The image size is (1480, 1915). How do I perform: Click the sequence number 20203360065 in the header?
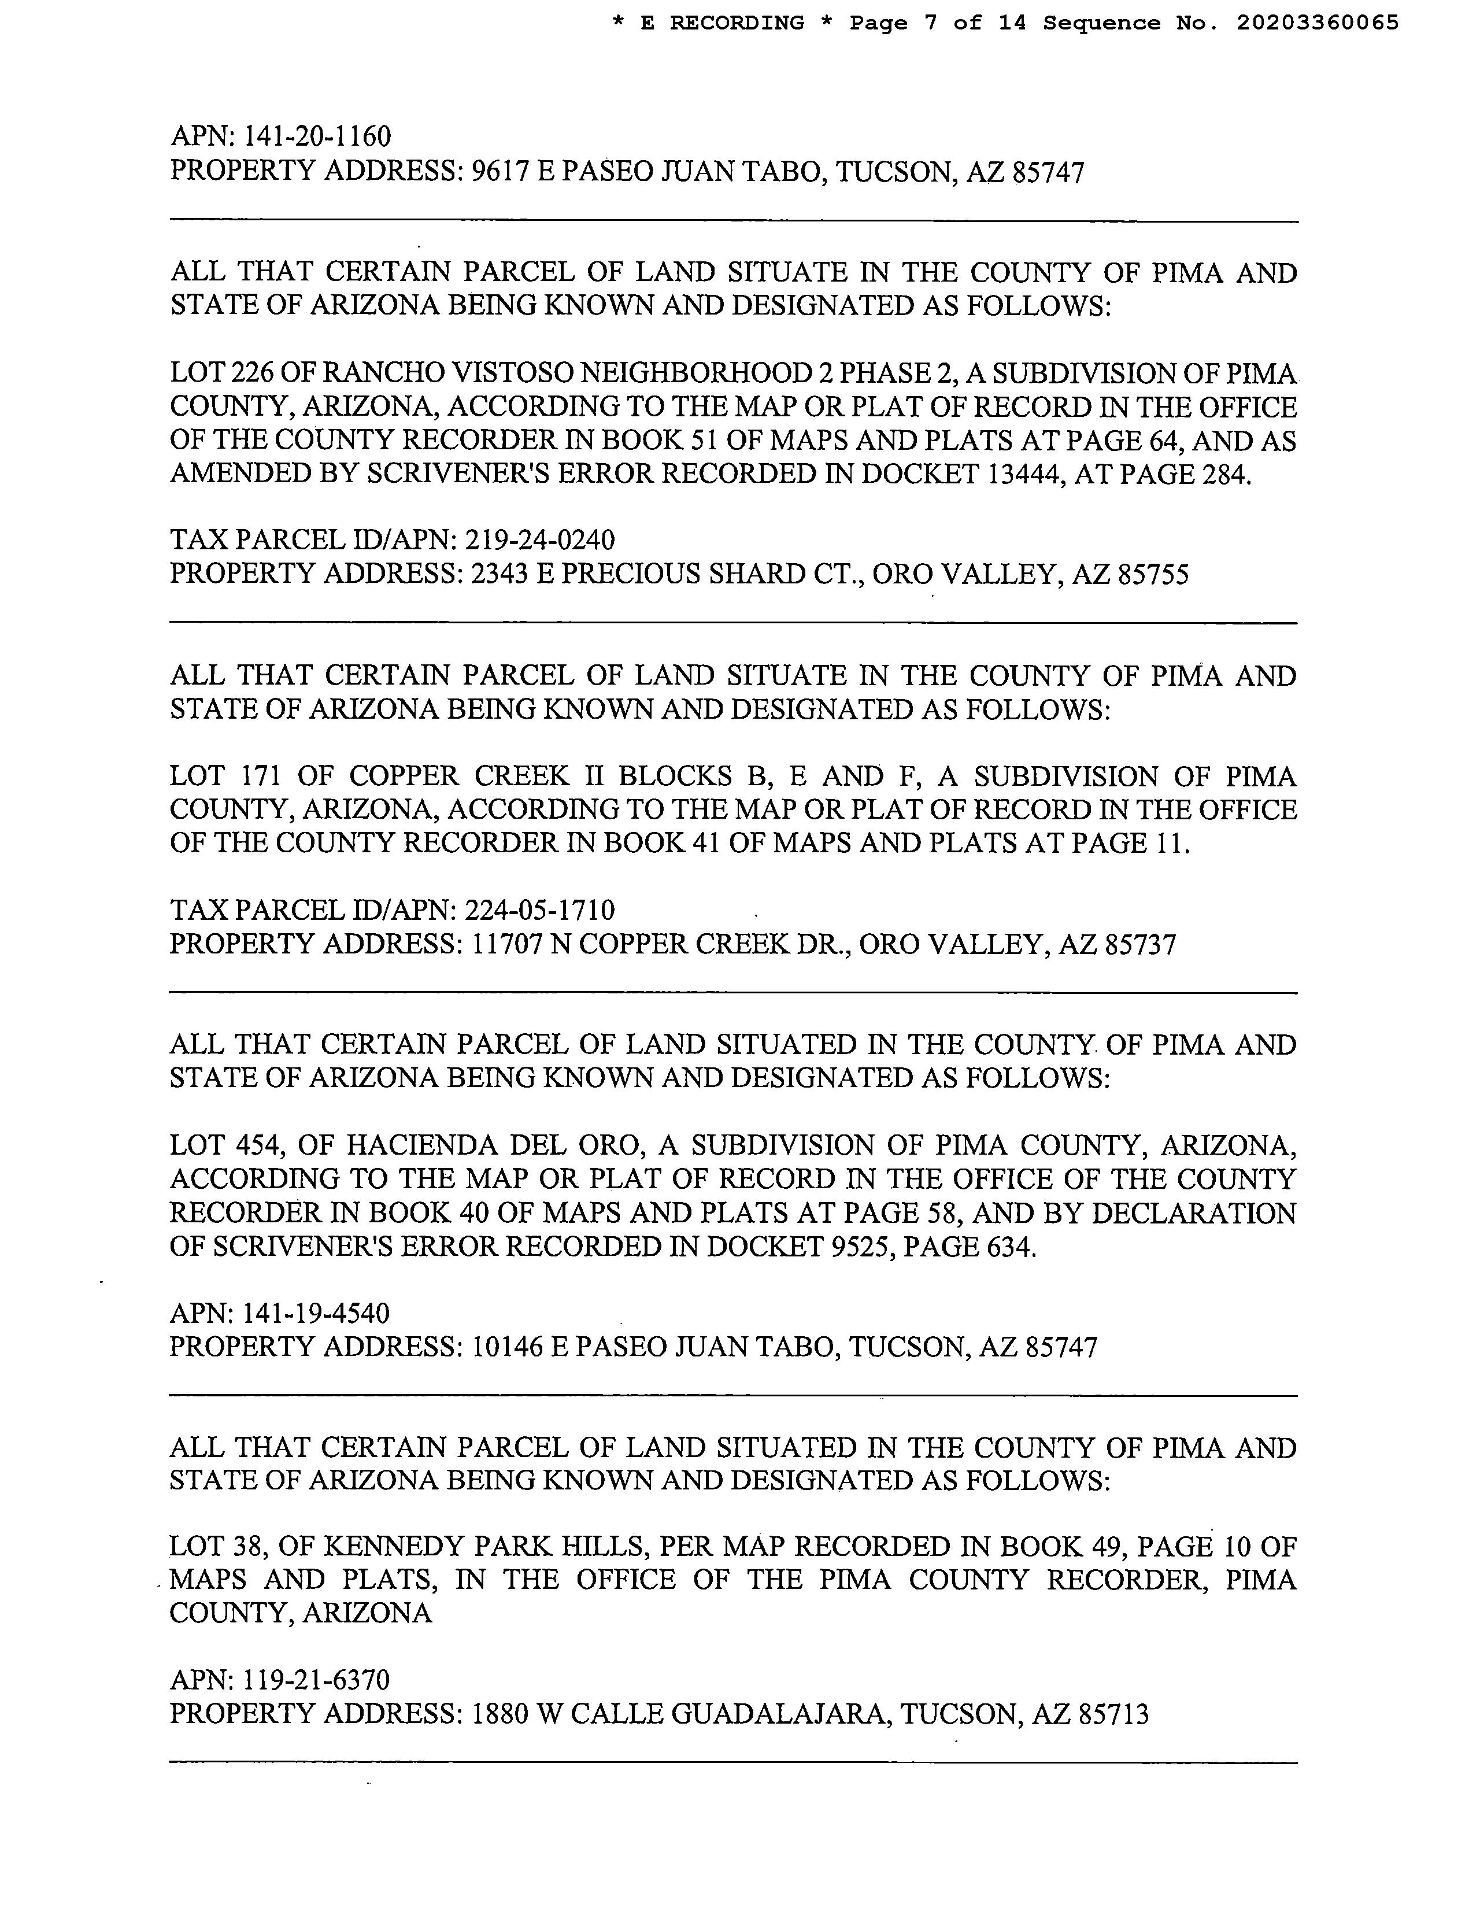pyautogui.click(x=1317, y=23)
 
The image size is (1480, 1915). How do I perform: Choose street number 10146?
pyautogui.click(x=504, y=1348)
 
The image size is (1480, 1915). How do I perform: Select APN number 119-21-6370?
pyautogui.click(x=316, y=1680)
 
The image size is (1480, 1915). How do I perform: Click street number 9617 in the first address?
pyautogui.click(x=499, y=171)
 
